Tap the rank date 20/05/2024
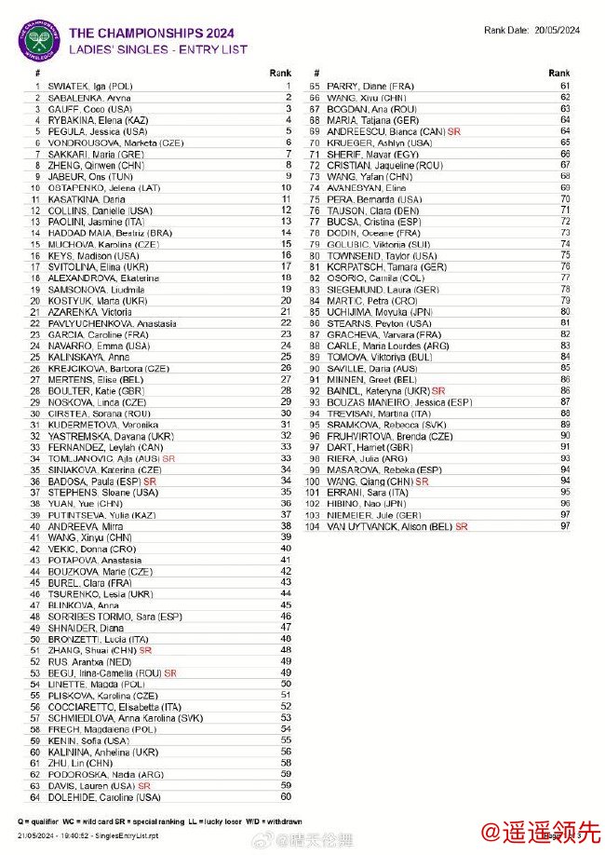(x=557, y=30)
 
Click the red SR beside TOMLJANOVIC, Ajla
(x=168, y=459)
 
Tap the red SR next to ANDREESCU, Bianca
(x=453, y=131)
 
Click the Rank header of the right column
(x=558, y=73)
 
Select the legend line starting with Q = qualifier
(x=158, y=821)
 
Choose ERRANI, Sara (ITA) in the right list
(x=362, y=493)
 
